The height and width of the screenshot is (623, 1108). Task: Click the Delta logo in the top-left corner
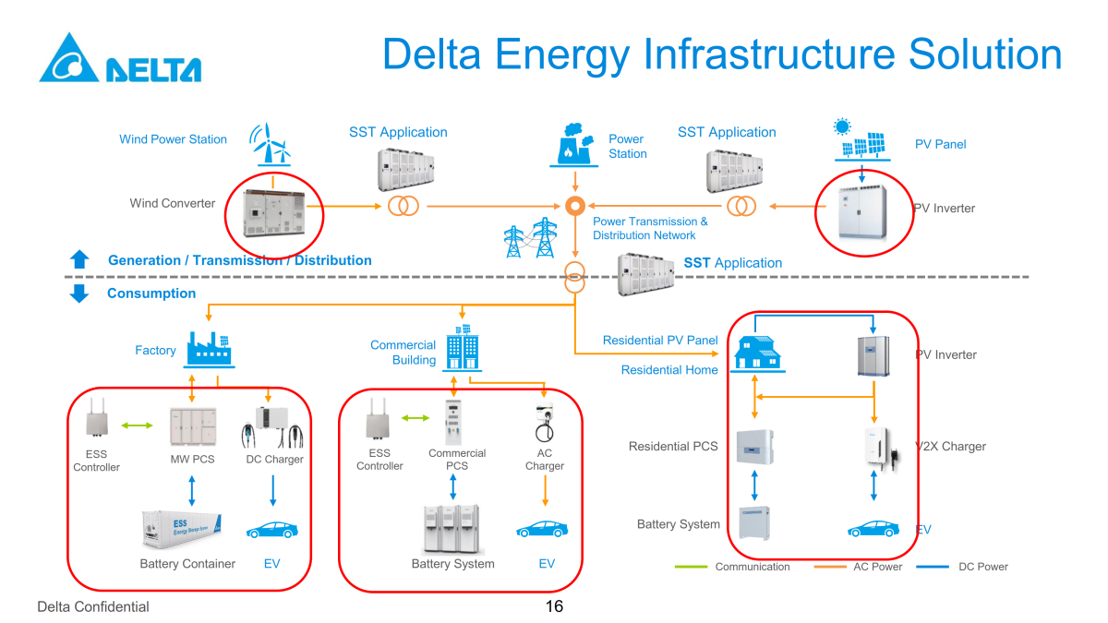[x=119, y=59]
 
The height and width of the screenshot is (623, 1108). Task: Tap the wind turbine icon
[x=271, y=144]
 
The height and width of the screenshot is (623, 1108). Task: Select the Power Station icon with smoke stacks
[x=575, y=144]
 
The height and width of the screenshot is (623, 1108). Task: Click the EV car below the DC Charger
[x=271, y=530]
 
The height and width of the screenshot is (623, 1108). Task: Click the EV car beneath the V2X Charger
[x=873, y=529]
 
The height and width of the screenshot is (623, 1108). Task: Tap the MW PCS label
[x=192, y=460]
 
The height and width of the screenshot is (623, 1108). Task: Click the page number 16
[x=554, y=606]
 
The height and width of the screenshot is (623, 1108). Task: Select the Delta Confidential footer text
[x=92, y=606]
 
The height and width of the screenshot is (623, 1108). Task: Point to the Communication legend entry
[x=752, y=567]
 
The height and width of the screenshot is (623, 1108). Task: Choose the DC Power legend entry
[x=982, y=567]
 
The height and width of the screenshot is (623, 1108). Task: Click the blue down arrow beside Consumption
[x=79, y=294]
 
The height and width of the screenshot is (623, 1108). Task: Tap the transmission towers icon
[x=531, y=238]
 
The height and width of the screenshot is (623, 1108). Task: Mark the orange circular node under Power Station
[x=575, y=205]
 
